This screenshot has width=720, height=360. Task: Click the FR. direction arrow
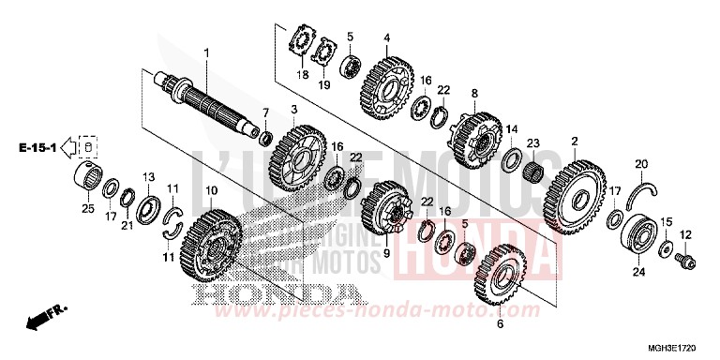pyautogui.click(x=41, y=321)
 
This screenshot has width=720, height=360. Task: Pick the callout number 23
pyautogui.click(x=532, y=142)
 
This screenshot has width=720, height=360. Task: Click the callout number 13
pyautogui.click(x=148, y=177)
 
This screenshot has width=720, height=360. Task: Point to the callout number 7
pyautogui.click(x=264, y=112)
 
